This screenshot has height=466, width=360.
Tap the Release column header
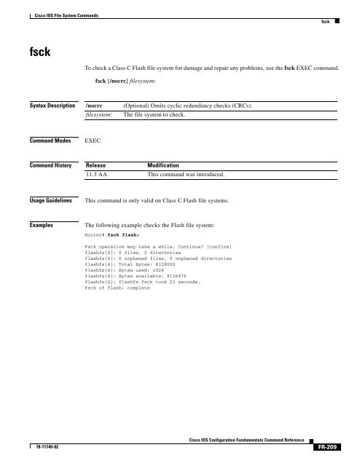pos(99,165)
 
